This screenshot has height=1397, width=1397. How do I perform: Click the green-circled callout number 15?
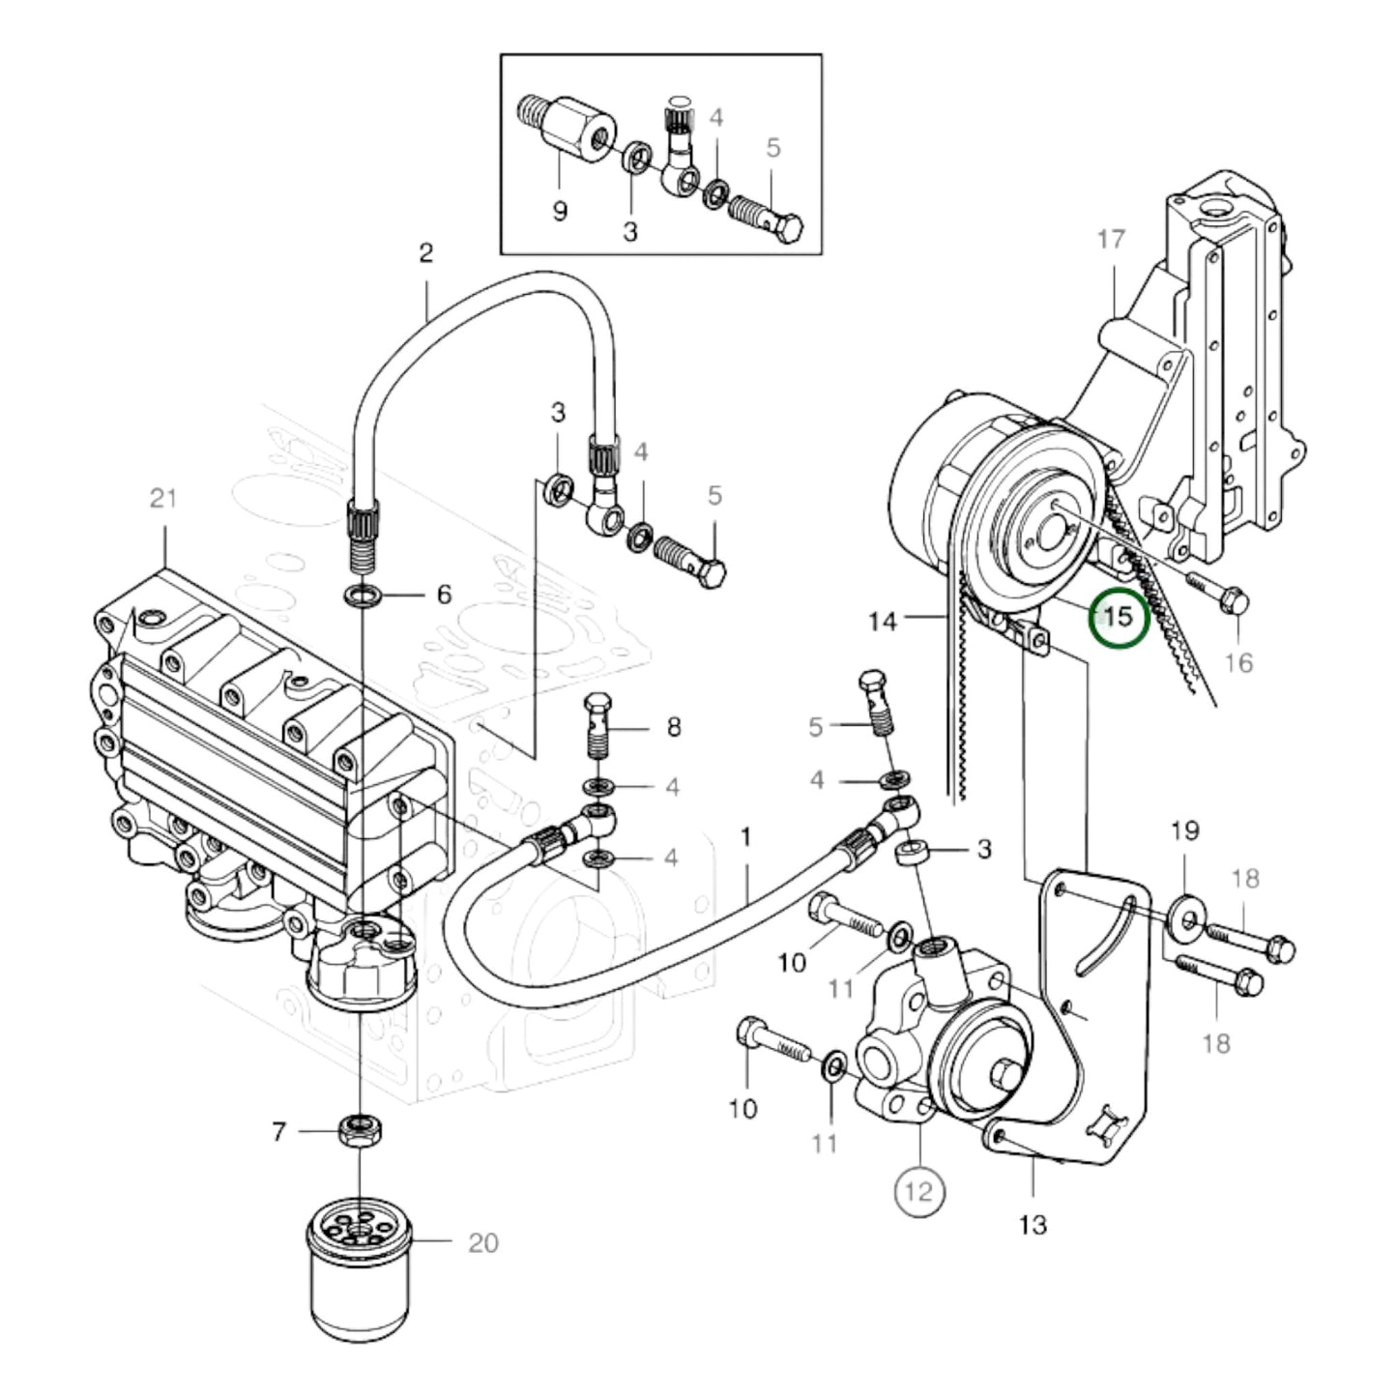1118,616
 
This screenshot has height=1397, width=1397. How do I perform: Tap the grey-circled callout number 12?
918,1191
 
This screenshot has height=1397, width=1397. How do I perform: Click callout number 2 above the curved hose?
426,253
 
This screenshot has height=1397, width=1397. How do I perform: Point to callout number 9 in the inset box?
560,211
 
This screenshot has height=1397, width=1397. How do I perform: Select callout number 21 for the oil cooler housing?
163,499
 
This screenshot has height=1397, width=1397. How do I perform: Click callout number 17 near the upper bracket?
1112,238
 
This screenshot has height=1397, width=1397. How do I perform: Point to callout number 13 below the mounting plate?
1033,1225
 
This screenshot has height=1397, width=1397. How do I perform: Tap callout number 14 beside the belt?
883,621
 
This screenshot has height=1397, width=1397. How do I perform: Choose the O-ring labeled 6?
361,594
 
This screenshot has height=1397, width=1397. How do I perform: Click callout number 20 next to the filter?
483,1242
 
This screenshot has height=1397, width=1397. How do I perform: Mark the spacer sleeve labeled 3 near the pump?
914,854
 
